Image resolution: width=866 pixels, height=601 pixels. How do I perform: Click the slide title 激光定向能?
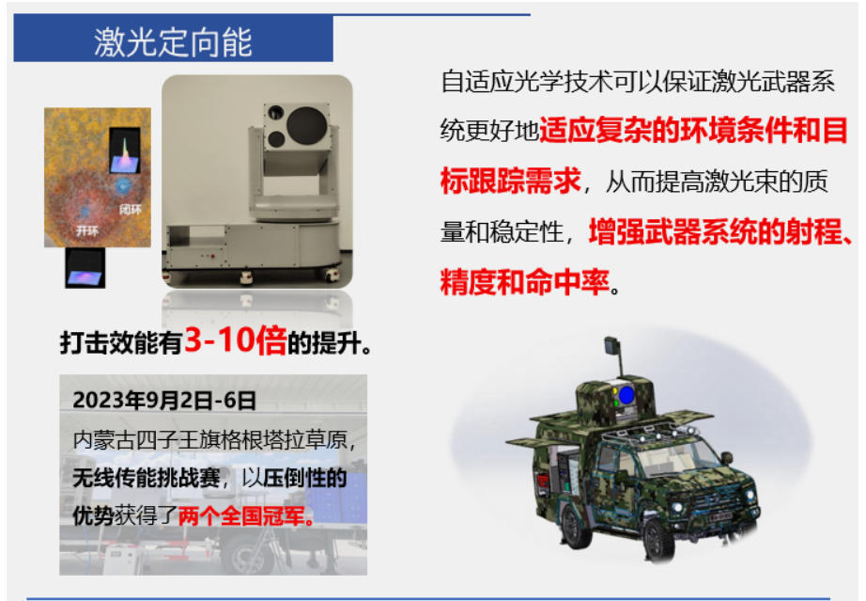click(172, 41)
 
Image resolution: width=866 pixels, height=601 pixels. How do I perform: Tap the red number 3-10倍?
click(235, 340)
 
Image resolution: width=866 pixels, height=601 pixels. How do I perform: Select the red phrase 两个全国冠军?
click(246, 516)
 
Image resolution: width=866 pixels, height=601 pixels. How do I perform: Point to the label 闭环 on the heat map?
click(131, 209)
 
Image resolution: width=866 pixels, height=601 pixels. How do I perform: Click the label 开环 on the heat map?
click(87, 230)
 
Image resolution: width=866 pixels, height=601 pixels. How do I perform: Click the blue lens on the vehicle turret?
click(626, 395)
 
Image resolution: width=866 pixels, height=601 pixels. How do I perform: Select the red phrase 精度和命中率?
click(525, 282)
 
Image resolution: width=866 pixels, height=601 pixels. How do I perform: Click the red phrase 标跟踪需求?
click(510, 181)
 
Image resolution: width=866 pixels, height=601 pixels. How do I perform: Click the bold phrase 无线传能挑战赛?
click(147, 478)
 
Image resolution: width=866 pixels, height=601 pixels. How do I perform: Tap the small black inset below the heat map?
click(85, 268)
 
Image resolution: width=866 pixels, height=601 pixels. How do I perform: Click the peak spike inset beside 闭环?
click(125, 150)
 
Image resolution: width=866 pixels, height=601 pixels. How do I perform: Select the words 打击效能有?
click(121, 343)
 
